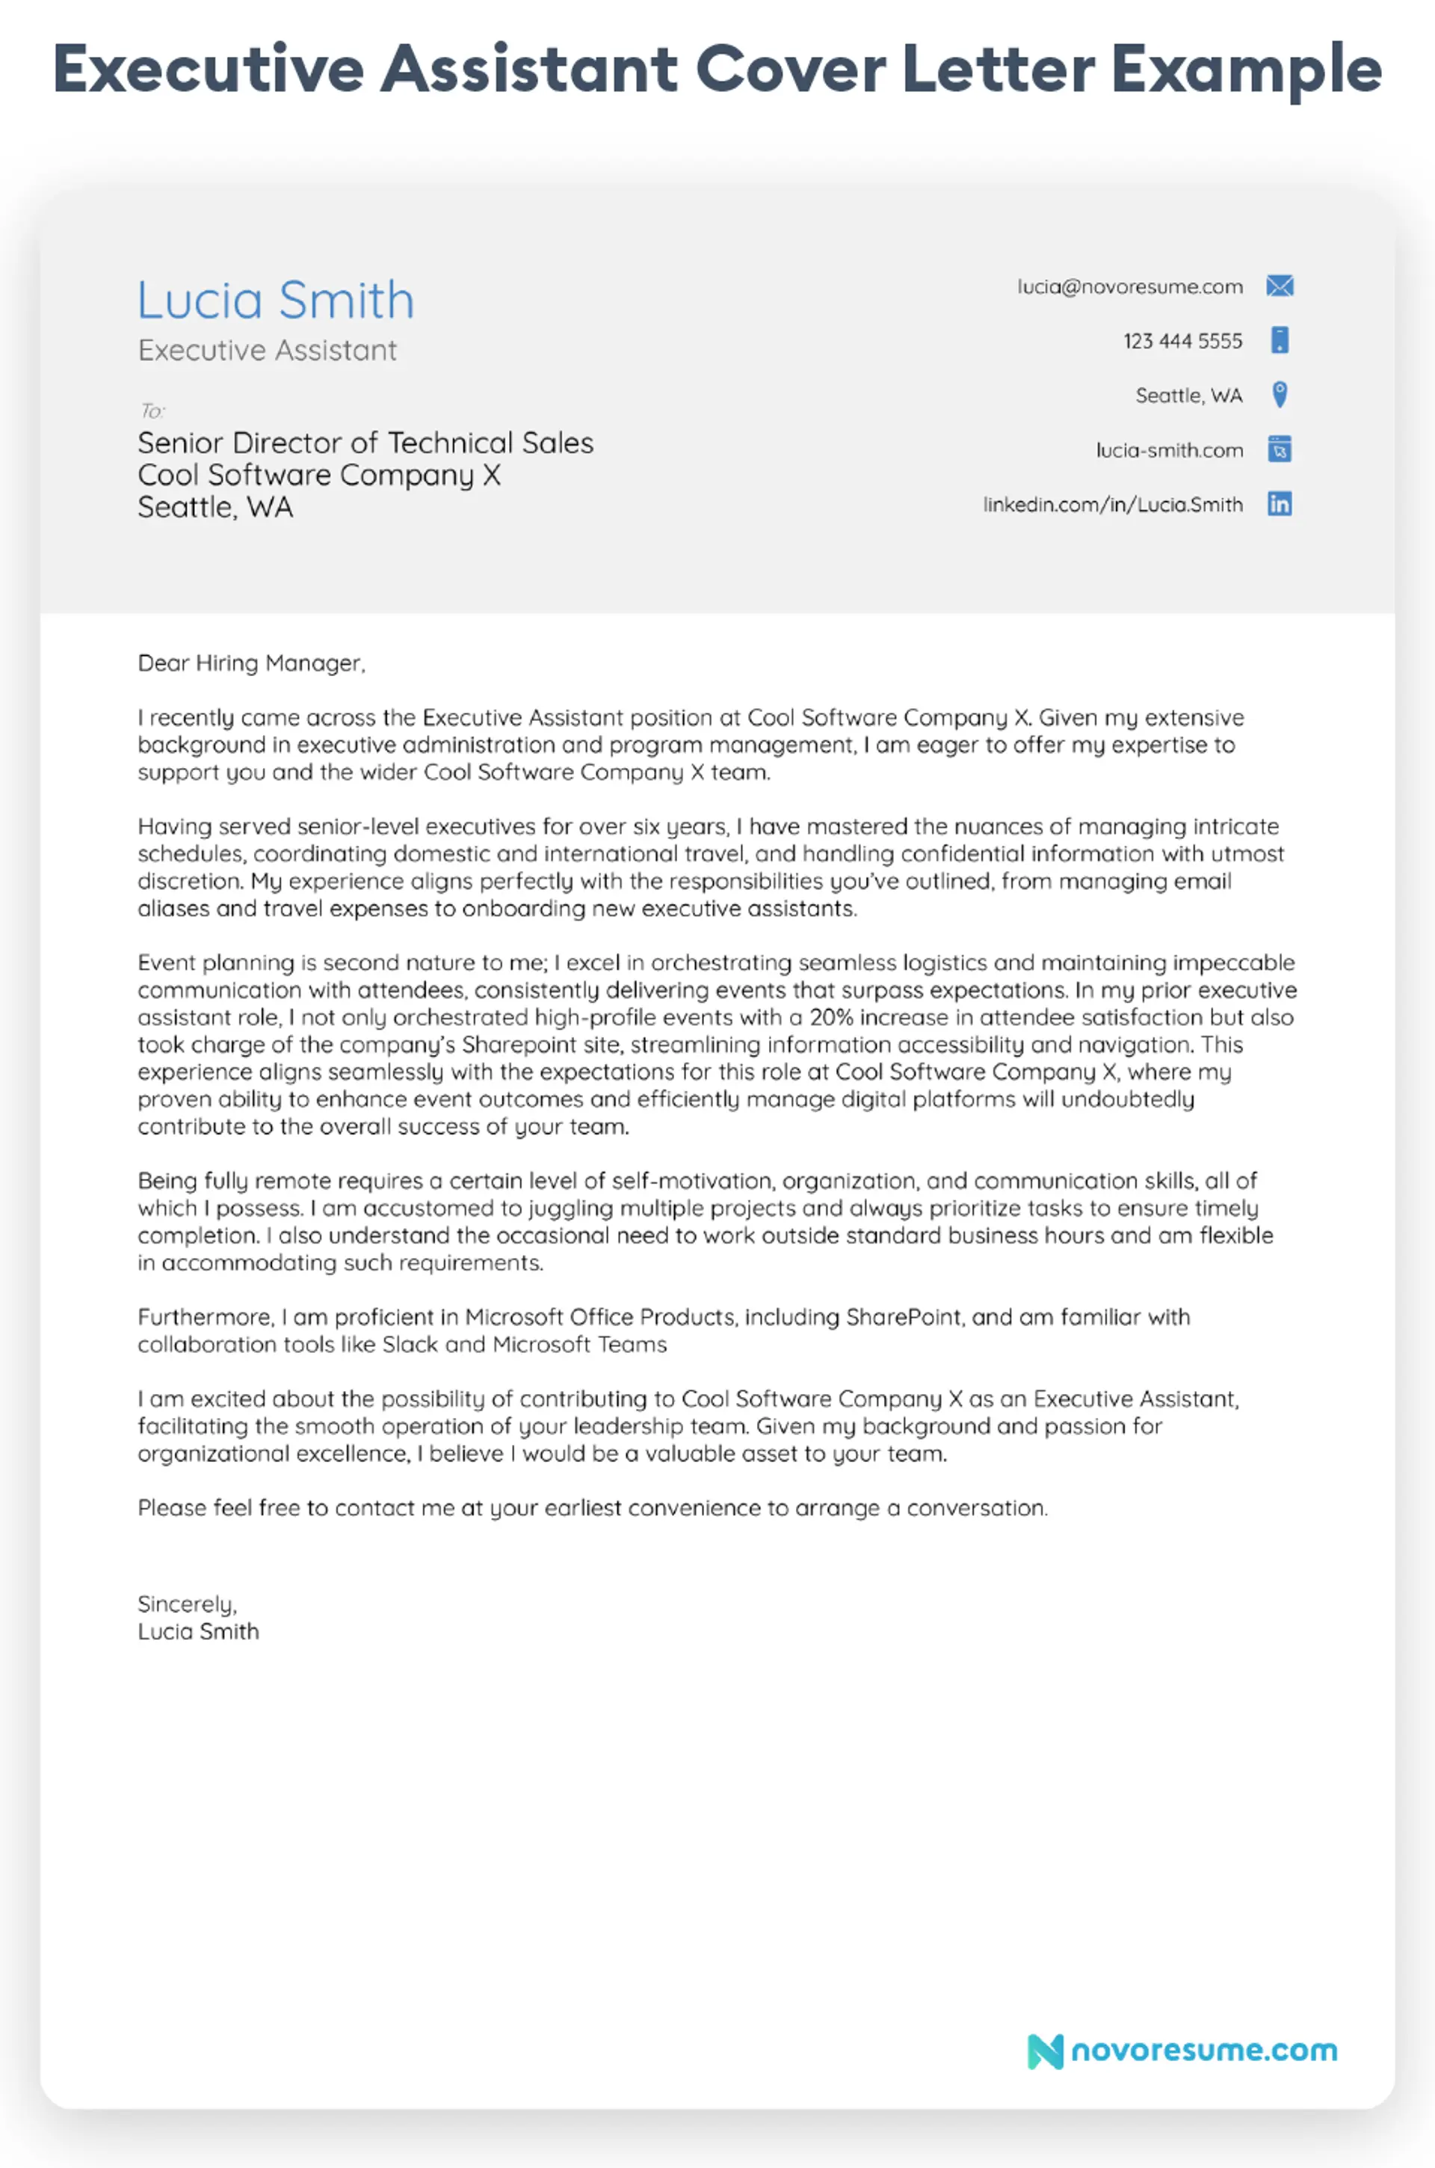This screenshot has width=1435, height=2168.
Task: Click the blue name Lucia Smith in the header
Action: point(276,301)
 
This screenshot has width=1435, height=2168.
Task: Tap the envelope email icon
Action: point(1280,286)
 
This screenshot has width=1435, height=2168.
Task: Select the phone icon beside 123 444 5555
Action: point(1280,340)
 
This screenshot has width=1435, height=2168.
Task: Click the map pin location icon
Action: point(1280,395)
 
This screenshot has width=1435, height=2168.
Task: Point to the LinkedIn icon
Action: point(1280,505)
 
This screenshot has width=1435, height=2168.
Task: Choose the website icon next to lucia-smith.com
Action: point(1280,449)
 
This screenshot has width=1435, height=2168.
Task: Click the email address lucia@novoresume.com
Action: point(1129,287)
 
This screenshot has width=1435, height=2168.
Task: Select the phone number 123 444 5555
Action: point(1182,342)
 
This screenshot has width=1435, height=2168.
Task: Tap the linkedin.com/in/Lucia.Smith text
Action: point(1112,506)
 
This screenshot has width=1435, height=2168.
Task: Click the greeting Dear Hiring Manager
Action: point(251,663)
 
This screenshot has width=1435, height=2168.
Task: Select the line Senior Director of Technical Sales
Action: point(365,443)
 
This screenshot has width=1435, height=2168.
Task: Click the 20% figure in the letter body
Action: point(832,1017)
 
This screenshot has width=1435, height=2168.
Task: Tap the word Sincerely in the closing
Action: point(187,1604)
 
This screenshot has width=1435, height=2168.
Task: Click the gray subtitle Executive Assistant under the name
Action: point(268,351)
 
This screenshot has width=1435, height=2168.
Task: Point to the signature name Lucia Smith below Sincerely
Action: point(197,1632)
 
